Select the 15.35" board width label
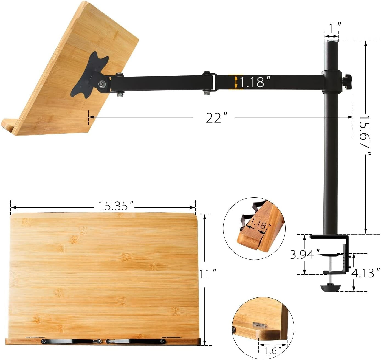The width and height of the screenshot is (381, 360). [116, 206]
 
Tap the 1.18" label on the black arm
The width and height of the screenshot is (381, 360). [255, 82]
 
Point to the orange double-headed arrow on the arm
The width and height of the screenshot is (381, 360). [236, 82]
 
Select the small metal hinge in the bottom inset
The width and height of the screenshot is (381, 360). [260, 325]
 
